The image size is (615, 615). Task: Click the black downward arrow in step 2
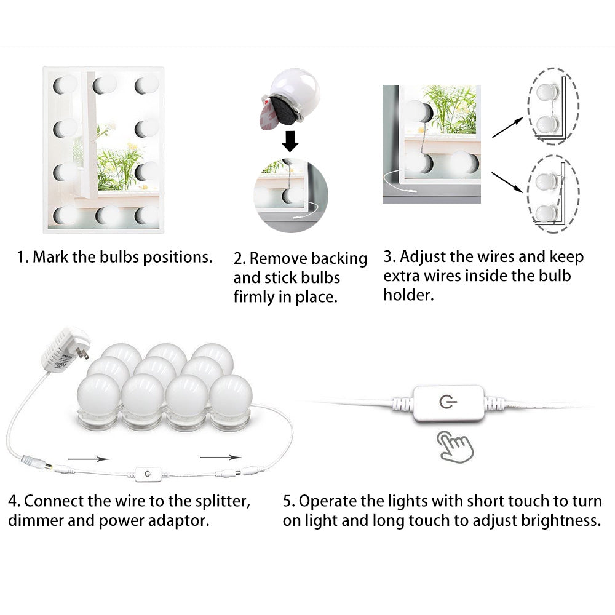coord(290,141)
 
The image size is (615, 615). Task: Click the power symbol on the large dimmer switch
coord(447,403)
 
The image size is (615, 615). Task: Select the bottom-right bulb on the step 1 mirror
coord(147,215)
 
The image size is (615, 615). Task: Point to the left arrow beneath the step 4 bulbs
coord(88,458)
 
